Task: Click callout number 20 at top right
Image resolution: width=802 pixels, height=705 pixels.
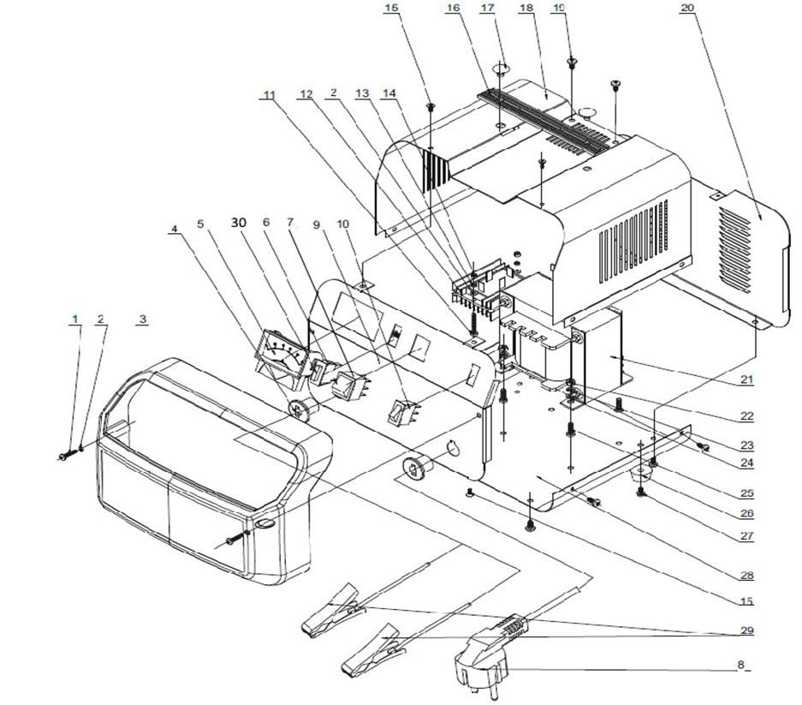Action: point(686,8)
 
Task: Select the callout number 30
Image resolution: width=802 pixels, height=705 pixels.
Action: point(238,222)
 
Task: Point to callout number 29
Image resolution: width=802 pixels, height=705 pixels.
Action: point(748,631)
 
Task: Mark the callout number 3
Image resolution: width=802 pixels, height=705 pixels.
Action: point(143,319)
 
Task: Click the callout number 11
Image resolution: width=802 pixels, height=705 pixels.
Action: point(270,95)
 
